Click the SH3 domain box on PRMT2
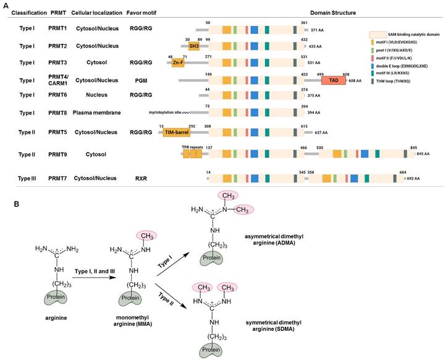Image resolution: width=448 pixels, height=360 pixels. point(193,46)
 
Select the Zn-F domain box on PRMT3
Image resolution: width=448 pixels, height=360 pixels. point(178,63)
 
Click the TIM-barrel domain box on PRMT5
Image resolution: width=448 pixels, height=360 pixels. point(177,132)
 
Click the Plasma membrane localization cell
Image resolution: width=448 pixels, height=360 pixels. point(96,113)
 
